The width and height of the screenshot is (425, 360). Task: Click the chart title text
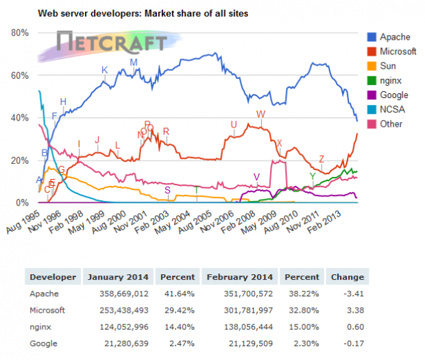(x=143, y=13)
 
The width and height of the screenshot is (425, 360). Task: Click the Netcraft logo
(x=110, y=45)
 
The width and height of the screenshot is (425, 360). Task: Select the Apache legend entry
(x=389, y=37)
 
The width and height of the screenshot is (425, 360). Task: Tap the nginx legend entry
(x=385, y=80)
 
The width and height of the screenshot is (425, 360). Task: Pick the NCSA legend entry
(x=386, y=109)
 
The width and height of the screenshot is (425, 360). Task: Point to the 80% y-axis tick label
(x=20, y=33)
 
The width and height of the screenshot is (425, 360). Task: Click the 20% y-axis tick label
(x=20, y=160)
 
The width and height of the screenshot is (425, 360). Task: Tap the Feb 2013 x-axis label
(x=324, y=221)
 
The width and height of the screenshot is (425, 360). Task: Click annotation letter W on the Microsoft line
(x=260, y=114)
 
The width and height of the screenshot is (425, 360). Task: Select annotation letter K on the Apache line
(x=105, y=70)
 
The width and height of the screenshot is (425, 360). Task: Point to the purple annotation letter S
(x=167, y=190)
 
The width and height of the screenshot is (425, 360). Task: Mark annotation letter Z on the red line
(x=321, y=159)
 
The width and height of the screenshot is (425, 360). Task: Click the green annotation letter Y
(x=313, y=176)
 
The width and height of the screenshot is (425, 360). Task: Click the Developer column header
(x=53, y=277)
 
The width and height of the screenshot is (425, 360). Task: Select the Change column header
(x=348, y=277)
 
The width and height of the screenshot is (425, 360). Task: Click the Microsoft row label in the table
(x=47, y=310)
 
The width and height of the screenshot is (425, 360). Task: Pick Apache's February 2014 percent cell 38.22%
(x=304, y=293)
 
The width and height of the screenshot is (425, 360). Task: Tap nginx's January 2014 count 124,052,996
(x=124, y=327)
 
